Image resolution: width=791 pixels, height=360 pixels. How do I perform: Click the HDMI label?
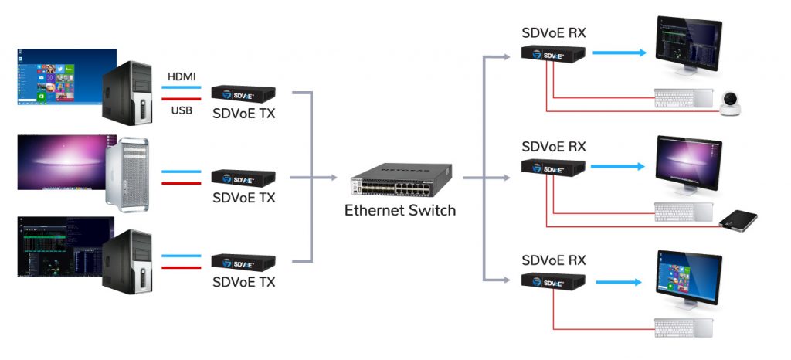(x=181, y=77)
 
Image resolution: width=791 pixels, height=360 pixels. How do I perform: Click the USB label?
(x=181, y=110)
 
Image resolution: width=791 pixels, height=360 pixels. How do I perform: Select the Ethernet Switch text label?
(x=400, y=210)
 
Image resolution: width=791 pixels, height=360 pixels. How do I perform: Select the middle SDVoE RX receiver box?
(x=552, y=167)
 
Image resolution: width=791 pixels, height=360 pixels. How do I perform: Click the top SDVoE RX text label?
(x=553, y=33)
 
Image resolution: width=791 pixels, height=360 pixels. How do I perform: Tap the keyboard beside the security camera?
(x=684, y=98)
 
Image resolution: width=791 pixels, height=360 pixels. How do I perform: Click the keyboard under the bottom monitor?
(x=684, y=327)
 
